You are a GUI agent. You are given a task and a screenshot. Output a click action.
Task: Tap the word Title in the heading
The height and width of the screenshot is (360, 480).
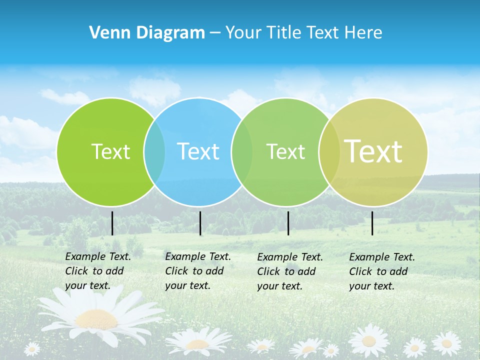tap(284, 33)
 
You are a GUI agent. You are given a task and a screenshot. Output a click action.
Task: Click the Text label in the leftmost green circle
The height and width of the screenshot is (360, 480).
tap(110, 151)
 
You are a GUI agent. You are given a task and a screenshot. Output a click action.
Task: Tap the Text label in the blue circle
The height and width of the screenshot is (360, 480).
tap(198, 151)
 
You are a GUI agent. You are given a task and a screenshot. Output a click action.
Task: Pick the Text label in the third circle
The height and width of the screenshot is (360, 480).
tap(285, 151)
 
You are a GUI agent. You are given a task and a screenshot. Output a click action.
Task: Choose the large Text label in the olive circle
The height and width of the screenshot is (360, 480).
tap(373, 151)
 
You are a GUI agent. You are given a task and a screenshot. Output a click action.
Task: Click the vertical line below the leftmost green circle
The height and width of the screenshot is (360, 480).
tap(112, 223)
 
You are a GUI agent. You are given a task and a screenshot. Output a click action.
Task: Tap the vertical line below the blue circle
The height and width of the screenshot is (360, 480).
tap(200, 223)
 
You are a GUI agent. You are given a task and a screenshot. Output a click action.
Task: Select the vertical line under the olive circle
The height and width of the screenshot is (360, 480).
tap(372, 223)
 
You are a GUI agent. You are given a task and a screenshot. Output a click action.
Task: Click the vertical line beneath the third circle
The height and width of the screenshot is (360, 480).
tap(288, 223)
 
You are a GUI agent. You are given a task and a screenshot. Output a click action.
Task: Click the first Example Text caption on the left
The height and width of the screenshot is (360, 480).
tap(97, 271)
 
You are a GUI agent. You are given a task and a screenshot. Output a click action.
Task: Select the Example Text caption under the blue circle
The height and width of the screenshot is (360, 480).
tap(197, 271)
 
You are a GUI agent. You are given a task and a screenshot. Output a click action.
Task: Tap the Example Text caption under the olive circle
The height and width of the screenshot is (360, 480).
tap(381, 271)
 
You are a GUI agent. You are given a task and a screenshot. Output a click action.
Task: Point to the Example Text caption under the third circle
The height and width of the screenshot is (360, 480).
tap(289, 271)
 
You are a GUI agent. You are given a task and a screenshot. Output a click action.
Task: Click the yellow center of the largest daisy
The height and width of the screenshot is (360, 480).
tap(96, 318)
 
